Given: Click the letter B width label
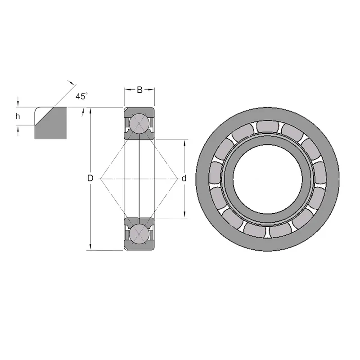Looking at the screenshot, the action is pyautogui.click(x=139, y=90).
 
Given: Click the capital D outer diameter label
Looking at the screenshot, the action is pyautogui.click(x=90, y=178).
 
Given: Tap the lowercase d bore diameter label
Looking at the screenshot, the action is pyautogui.click(x=184, y=178).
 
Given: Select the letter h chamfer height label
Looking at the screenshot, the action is pyautogui.click(x=18, y=116).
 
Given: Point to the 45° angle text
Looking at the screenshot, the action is pyautogui.click(x=81, y=96).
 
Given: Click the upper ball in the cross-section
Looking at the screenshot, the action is pyautogui.click(x=139, y=124).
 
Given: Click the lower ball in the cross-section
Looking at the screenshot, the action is pyautogui.click(x=139, y=234).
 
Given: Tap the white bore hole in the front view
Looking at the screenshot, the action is pyautogui.click(x=267, y=179).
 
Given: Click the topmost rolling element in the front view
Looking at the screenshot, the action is pyautogui.click(x=268, y=126).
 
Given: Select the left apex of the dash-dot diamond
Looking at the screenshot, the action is pyautogui.click(x=101, y=179).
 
